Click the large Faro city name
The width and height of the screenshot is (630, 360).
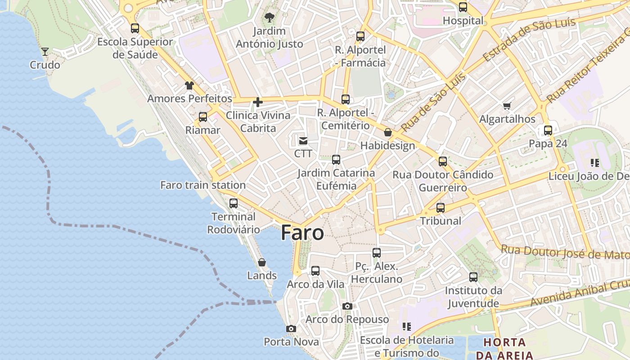point(302,233)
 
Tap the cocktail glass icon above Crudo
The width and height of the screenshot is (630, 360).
point(45,51)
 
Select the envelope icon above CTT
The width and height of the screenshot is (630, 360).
point(303,141)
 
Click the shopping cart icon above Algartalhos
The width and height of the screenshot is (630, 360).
point(507,106)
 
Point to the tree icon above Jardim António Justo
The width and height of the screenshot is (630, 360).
point(270,18)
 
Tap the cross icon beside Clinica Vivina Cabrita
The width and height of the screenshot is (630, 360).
point(258,102)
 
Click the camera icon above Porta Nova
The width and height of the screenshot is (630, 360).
point(291,329)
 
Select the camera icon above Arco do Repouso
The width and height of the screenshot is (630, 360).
point(347,306)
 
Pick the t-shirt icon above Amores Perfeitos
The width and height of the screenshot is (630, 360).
point(189,85)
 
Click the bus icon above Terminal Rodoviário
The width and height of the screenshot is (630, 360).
point(234,203)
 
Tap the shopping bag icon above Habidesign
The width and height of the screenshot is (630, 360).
point(388,133)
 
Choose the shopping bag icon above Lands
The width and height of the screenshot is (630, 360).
point(262,262)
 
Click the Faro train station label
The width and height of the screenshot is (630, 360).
point(203,185)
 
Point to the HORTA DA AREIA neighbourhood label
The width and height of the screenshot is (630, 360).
point(504,348)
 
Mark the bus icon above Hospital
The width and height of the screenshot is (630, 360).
point(463,7)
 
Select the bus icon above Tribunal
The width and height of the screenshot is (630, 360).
point(441,208)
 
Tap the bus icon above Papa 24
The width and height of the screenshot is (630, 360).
point(548,130)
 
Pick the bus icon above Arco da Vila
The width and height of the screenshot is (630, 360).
point(315,271)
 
